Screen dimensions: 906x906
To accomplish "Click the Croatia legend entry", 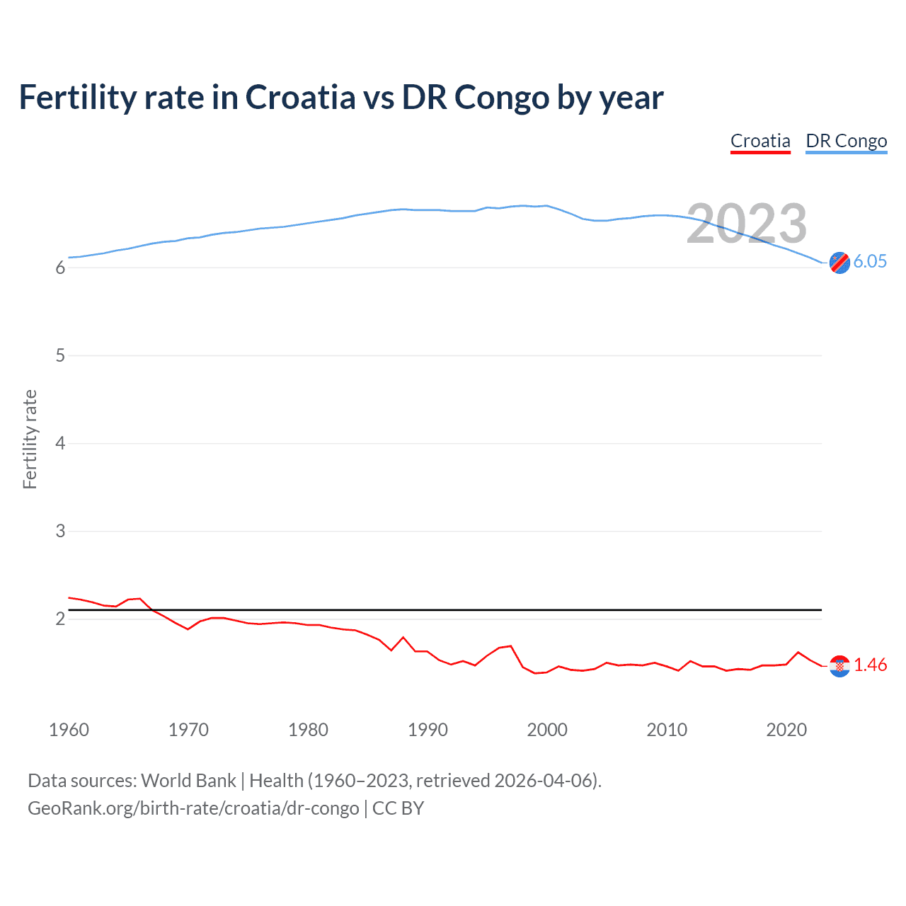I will (x=760, y=141).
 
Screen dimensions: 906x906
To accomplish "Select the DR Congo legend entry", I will (x=846, y=141).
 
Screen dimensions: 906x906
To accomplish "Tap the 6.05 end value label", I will (x=870, y=261).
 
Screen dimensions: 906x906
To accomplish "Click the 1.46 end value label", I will (x=870, y=665).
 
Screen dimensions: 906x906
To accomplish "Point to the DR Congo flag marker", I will (x=839, y=263).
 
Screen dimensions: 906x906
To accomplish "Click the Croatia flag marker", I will (x=839, y=666).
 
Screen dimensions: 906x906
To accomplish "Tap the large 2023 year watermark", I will (x=747, y=224).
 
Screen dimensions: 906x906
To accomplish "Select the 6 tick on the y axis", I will (x=60, y=268).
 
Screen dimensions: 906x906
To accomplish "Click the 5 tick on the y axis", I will (x=60, y=355).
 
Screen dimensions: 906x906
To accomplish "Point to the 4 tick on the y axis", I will (x=60, y=443).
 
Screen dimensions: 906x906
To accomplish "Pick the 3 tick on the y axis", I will (x=60, y=531).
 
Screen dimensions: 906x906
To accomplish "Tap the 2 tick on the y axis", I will (x=60, y=619).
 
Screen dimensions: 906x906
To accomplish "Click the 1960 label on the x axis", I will (x=69, y=730).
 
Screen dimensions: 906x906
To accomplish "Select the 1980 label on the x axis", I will (x=308, y=730).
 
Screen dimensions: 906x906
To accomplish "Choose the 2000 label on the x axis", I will (x=547, y=730).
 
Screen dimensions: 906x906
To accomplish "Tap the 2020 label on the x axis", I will (x=786, y=730).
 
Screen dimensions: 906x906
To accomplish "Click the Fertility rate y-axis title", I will (x=30, y=439).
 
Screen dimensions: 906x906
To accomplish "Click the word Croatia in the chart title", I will (x=300, y=98).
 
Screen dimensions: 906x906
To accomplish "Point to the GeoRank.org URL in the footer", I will (x=193, y=808).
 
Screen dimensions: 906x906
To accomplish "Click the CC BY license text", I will (x=398, y=808).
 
